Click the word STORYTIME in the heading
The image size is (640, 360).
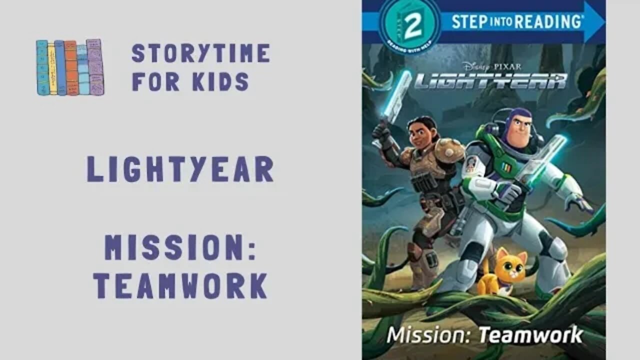pos(200,53)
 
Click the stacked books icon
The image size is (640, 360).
pos(69,67)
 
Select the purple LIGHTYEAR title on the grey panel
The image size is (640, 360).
pos(180,169)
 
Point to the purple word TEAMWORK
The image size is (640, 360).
pos(180,286)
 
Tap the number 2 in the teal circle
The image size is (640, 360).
pos(412,26)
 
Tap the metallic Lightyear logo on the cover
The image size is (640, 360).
pos(490,80)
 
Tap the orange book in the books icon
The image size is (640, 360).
pos(70,67)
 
